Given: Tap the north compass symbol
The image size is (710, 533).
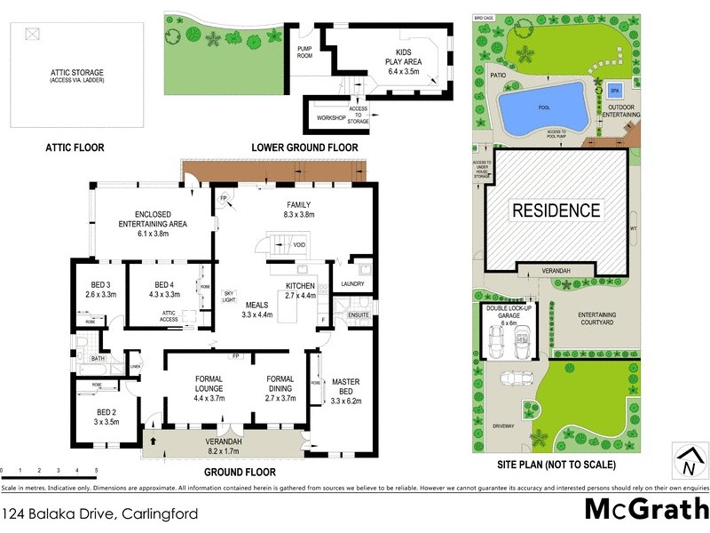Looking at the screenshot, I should click(x=686, y=462).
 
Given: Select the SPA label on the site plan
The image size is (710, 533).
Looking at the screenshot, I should click(x=614, y=91).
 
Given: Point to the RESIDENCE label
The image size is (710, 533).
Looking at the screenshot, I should click(x=555, y=211).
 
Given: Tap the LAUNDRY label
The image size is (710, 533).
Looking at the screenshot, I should click(x=352, y=284).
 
